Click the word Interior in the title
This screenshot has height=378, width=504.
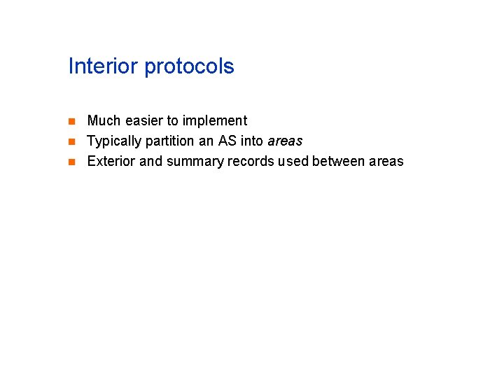click(x=104, y=66)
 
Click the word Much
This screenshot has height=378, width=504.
click(x=102, y=120)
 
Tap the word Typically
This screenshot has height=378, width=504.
click(x=114, y=141)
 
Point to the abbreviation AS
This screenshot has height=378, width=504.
click(x=227, y=141)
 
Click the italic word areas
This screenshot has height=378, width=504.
click(x=285, y=141)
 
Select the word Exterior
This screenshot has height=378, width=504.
click(x=112, y=161)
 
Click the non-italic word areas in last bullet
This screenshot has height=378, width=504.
click(x=386, y=161)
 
